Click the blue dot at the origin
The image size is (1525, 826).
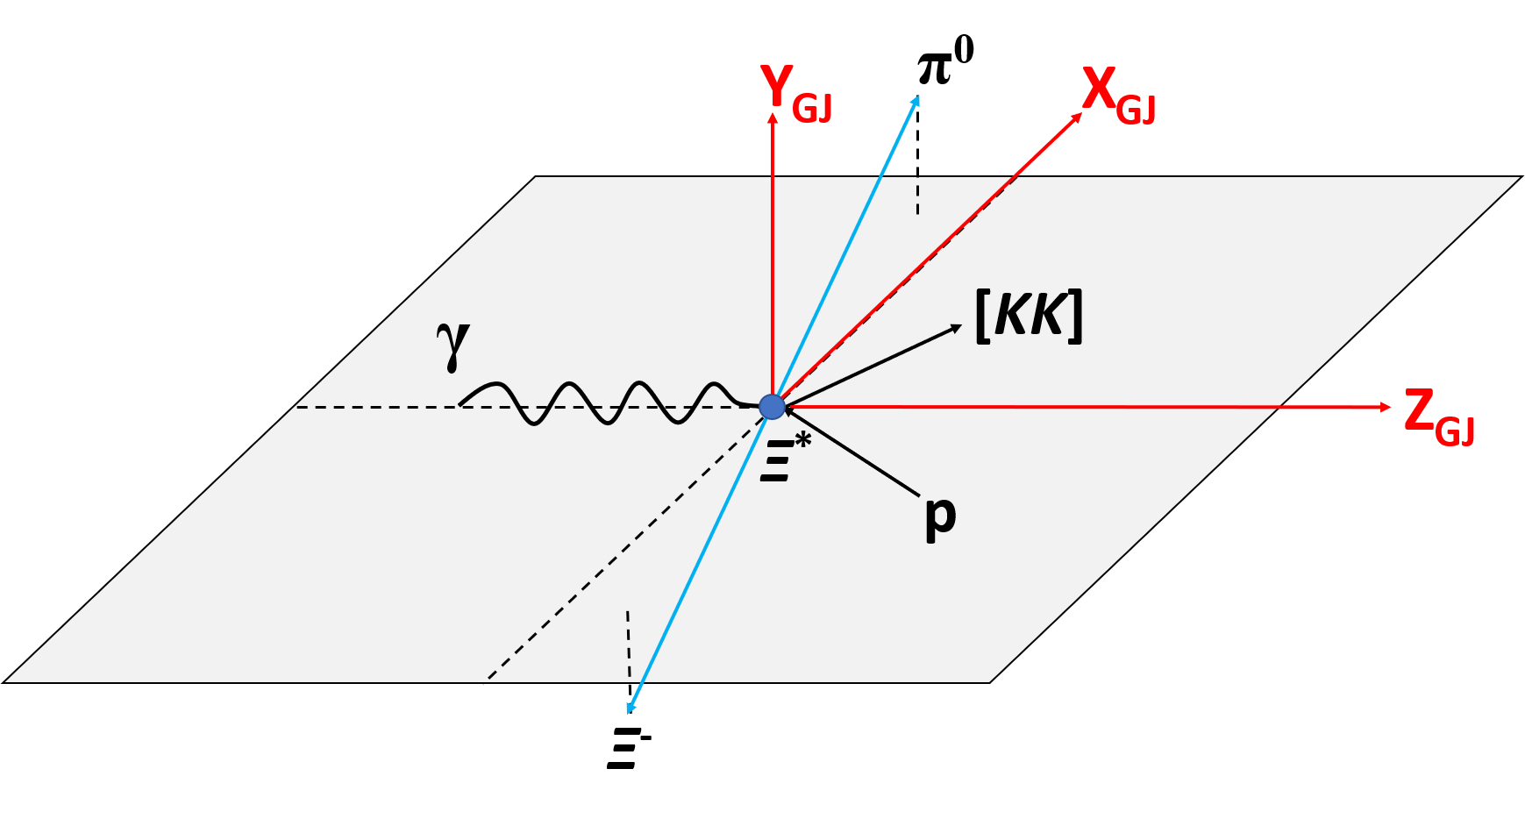click(x=772, y=407)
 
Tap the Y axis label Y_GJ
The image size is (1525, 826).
click(x=795, y=94)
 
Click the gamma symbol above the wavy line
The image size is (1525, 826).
click(x=453, y=345)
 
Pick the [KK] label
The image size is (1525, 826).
click(x=1029, y=316)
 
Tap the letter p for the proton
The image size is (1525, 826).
click(x=940, y=516)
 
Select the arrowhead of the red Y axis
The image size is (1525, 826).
click(x=773, y=117)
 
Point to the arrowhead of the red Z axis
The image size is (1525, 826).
click(x=1386, y=407)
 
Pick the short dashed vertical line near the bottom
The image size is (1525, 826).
click(x=628, y=644)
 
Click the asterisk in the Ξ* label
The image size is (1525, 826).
click(x=802, y=440)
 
